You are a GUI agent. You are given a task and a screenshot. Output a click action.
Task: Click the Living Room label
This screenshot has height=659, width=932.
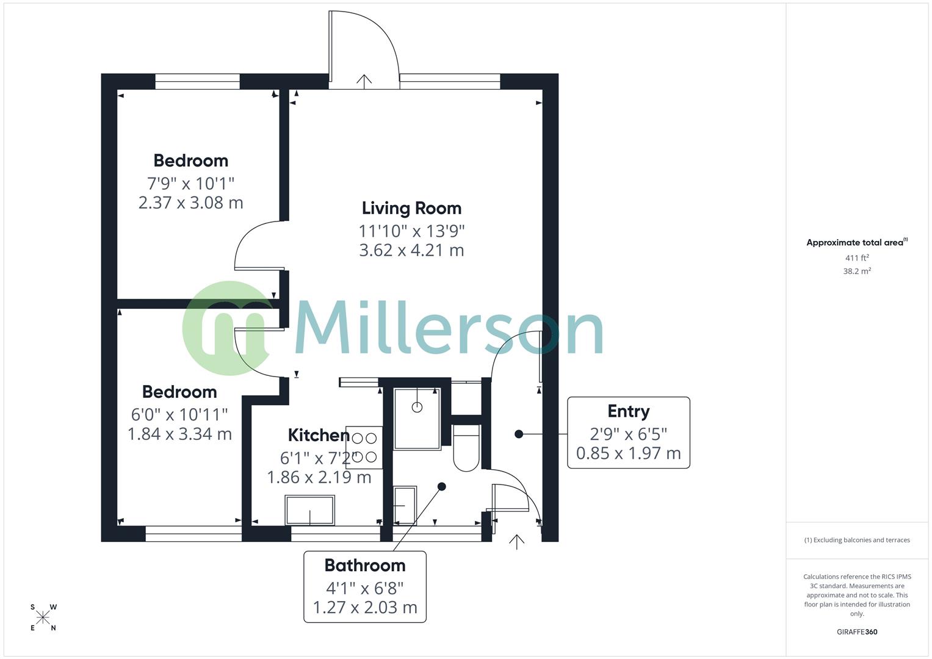[411, 208]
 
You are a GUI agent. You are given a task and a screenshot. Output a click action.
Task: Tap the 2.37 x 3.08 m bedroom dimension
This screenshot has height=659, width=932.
[190, 203]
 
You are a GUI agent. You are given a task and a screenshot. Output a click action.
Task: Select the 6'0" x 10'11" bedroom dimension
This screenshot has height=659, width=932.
[179, 415]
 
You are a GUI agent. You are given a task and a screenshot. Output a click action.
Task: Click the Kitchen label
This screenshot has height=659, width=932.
[318, 435]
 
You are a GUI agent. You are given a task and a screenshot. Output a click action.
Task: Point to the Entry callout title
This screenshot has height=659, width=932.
[628, 411]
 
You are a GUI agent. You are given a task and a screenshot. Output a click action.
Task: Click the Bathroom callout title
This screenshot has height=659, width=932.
[364, 566]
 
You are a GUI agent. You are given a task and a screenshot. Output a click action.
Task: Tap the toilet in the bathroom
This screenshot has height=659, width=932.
[467, 449]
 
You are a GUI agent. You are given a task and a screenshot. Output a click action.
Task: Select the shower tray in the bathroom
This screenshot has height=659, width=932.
[417, 419]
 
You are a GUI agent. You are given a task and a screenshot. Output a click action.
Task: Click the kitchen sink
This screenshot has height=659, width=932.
[309, 510]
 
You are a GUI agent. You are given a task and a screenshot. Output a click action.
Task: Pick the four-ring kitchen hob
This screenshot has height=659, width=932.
[364, 447]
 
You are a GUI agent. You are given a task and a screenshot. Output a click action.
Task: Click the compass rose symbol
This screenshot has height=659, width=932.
[43, 618]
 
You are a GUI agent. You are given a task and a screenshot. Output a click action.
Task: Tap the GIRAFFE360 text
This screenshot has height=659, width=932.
[857, 632]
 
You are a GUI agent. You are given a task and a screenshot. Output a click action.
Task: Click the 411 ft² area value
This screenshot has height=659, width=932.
[857, 258]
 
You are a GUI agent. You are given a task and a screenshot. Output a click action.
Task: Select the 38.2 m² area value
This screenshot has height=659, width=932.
[857, 272]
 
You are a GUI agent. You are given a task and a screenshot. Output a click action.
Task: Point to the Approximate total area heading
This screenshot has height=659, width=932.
[856, 242]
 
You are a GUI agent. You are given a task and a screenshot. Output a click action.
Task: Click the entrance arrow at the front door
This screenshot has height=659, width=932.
[516, 541]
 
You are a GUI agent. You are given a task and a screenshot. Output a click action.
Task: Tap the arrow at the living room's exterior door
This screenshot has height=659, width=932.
[364, 81]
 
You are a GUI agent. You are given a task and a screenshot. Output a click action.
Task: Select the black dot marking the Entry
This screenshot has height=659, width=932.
[518, 434]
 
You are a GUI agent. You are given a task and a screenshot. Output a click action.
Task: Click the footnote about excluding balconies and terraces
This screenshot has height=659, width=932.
[857, 540]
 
